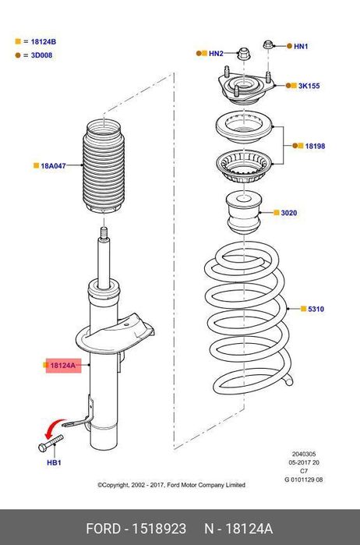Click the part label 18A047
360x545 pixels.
pyautogui.click(x=53, y=166)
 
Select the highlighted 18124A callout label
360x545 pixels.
pyautogui.click(x=63, y=366)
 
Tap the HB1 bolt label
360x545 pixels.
pyautogui.click(x=54, y=462)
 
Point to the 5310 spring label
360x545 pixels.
pyautogui.click(x=316, y=309)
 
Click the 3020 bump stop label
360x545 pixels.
pyautogui.click(x=289, y=213)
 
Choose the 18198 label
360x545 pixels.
pyautogui.click(x=315, y=146)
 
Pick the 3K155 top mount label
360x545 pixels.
pyautogui.click(x=309, y=86)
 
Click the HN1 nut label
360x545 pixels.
pyautogui.click(x=301, y=46)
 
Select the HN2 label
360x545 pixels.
pyautogui.click(x=216, y=54)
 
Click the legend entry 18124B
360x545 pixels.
pyautogui.click(x=44, y=41)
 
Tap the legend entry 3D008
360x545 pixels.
pyautogui.click(x=42, y=55)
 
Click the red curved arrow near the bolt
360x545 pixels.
pyautogui.click(x=55, y=427)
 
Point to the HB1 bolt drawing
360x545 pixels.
pyautogui.click(x=51, y=443)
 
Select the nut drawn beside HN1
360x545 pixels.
pyautogui.click(x=268, y=44)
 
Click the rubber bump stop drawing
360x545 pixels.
pyautogui.click(x=244, y=214)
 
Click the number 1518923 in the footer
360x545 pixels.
pyautogui.click(x=159, y=529)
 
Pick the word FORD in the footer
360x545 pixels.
pyautogui.click(x=103, y=529)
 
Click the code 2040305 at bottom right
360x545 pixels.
pyautogui.click(x=304, y=454)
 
